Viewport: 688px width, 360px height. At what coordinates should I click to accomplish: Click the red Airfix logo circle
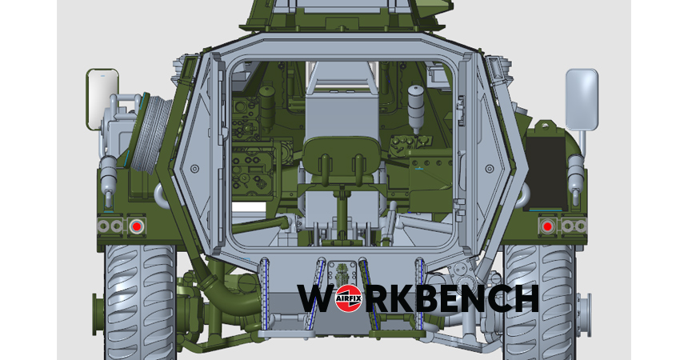pos(348,298)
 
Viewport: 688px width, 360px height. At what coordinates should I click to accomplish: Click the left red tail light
pos(137,226)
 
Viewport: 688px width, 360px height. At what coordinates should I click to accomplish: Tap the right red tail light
pos(547,226)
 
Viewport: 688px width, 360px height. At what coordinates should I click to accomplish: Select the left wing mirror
pos(102,98)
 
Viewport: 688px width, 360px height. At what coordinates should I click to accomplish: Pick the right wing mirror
pos(582,99)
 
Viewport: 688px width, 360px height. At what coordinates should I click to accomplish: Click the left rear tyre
pos(140,302)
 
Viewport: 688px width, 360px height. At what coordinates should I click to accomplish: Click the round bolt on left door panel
pos(195,169)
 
